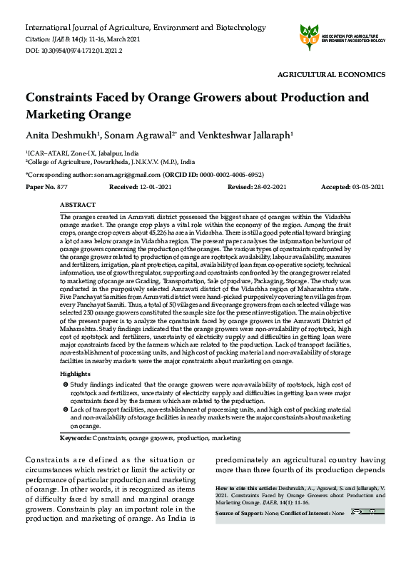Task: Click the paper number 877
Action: tap(63, 187)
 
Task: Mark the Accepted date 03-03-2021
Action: tap(367, 187)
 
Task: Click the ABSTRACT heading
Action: tap(78, 205)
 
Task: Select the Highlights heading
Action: tap(76, 374)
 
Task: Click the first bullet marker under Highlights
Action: tap(66, 385)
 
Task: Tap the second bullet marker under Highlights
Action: tap(66, 410)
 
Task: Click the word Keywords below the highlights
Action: tap(75, 437)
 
